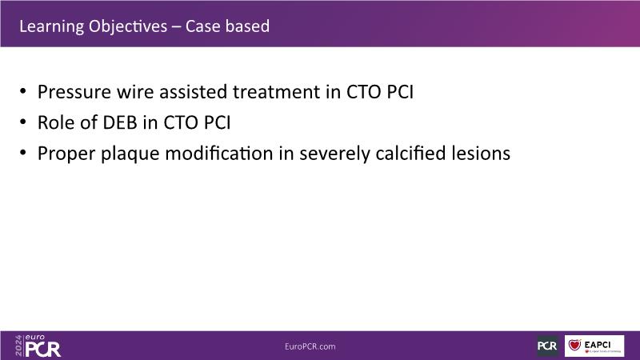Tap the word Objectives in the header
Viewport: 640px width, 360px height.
coord(128,26)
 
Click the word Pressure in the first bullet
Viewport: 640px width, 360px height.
coord(74,92)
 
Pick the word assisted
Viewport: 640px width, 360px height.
coord(193,92)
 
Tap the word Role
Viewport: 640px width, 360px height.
coord(55,122)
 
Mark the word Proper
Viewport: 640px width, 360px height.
coord(66,154)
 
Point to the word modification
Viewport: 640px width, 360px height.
coord(219,154)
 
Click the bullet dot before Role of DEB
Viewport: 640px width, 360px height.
coord(23,122)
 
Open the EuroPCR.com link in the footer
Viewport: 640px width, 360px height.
coord(310,346)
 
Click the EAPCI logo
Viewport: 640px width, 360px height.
coord(594,346)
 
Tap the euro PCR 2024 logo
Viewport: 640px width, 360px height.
coord(38,346)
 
